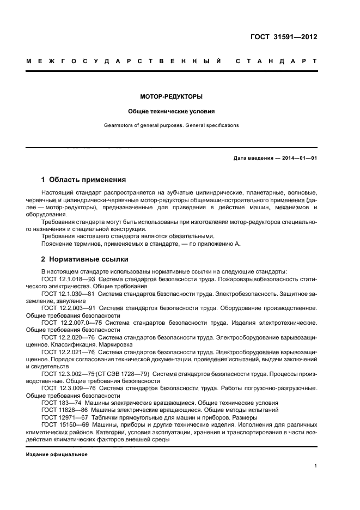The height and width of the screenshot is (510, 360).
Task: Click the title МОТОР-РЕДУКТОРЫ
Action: pyautogui.click(x=172, y=96)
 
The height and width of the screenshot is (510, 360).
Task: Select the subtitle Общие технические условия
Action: pyautogui.click(x=172, y=111)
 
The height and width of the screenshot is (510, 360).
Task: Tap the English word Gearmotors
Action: pyautogui.click(x=118, y=125)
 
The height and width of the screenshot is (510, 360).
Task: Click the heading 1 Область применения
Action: pyautogui.click(x=84, y=179)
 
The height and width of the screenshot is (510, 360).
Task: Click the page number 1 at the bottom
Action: pyautogui.click(x=316, y=466)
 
